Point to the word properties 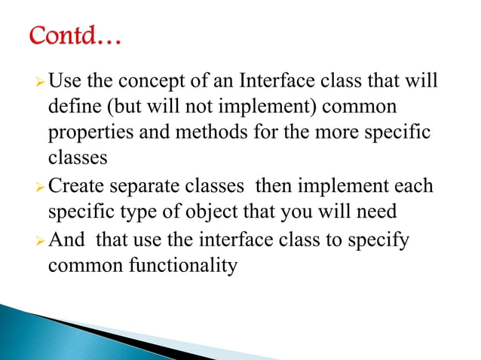click(90, 133)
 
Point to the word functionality click(181, 265)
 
